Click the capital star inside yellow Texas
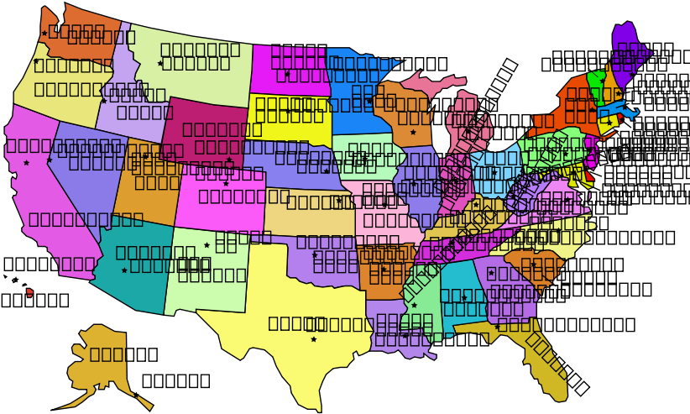[314, 339]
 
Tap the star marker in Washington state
[44, 34]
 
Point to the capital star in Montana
[160, 63]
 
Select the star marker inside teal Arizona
[124, 270]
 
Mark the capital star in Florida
[497, 327]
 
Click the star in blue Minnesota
[369, 101]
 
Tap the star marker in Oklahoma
[315, 254]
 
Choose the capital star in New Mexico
[206, 245]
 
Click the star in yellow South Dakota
[288, 111]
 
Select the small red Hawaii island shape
[29, 292]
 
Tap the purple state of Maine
[625, 46]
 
